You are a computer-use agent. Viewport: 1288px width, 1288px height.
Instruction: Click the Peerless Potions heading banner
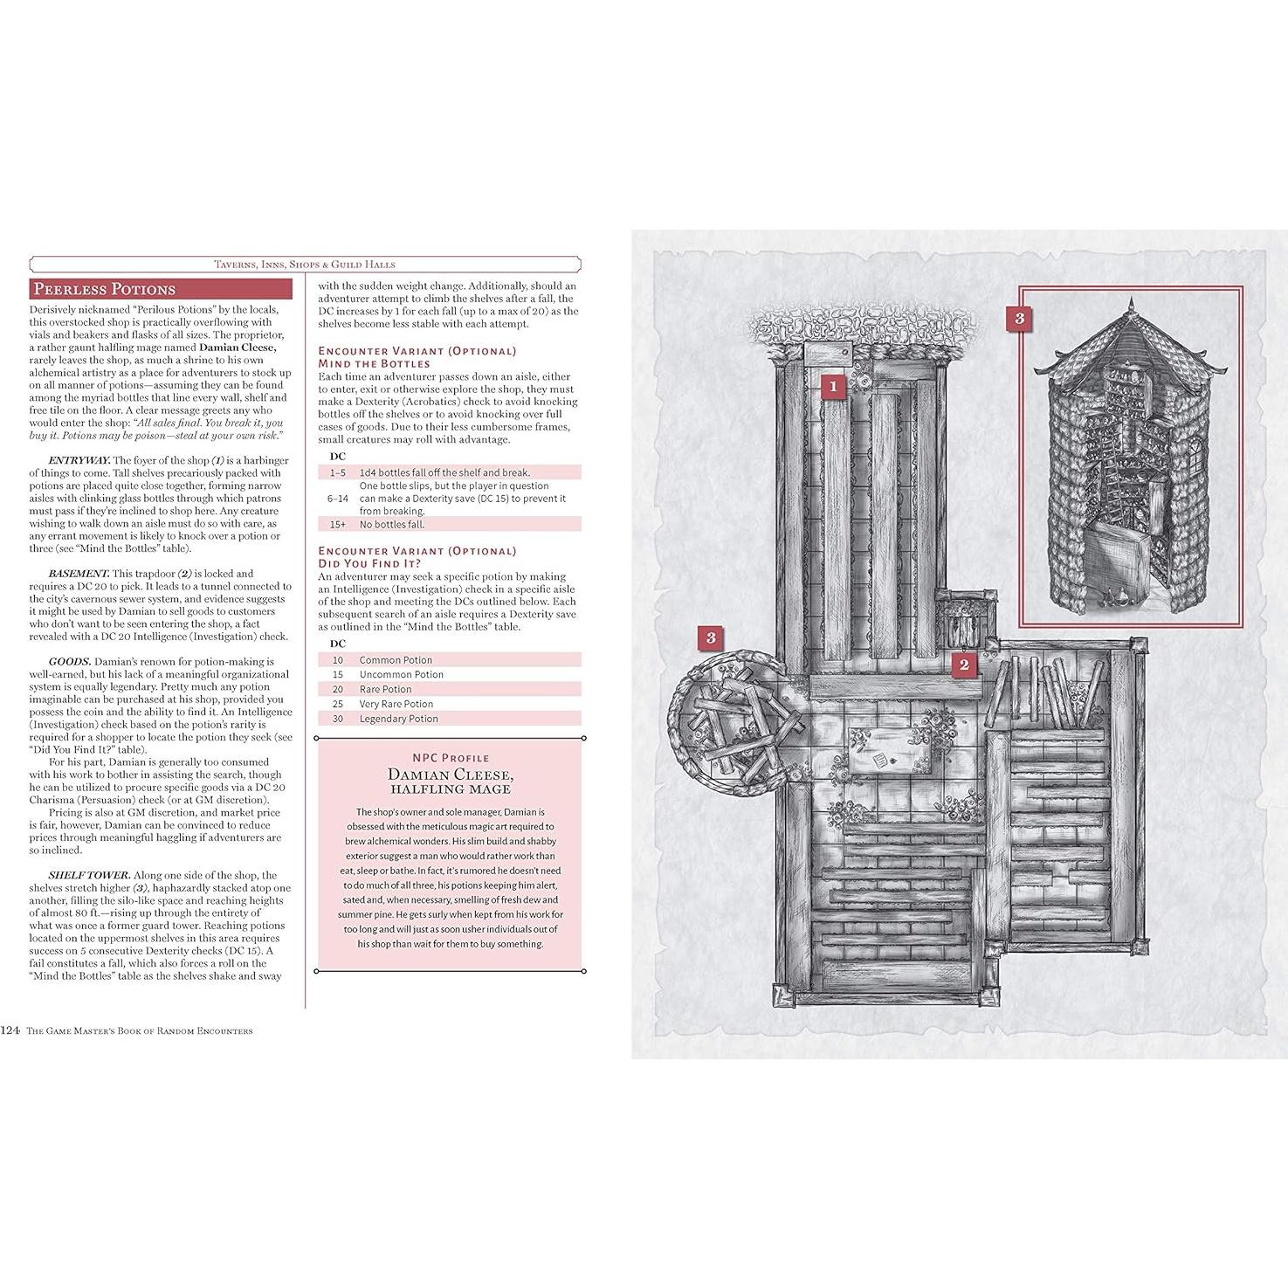pos(104,289)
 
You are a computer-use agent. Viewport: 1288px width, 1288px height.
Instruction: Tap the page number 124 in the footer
pos(10,1030)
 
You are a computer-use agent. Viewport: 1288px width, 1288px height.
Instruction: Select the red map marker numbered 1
pos(833,386)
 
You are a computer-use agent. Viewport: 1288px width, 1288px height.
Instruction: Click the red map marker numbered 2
pos(964,665)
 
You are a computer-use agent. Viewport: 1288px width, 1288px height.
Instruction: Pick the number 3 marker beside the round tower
pos(711,637)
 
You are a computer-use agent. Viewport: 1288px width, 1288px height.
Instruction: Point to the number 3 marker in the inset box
pos(1019,319)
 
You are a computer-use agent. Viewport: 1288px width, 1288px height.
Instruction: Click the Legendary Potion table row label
pos(398,719)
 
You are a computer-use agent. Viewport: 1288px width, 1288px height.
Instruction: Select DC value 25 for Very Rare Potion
pos(338,704)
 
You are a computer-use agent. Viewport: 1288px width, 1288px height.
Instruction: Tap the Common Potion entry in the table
pos(396,660)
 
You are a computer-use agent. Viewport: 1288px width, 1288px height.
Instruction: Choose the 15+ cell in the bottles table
pos(338,525)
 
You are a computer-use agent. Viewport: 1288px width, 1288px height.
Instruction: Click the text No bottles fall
pos(392,525)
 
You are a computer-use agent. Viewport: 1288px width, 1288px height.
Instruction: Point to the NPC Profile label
pos(451,758)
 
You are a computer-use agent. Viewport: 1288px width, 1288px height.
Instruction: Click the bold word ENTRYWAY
pos(79,460)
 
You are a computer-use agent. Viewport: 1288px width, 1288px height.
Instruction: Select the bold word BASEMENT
pos(79,574)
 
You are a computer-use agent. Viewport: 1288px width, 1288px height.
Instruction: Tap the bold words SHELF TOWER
pos(89,875)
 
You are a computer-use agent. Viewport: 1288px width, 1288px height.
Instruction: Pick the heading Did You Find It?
pos(369,563)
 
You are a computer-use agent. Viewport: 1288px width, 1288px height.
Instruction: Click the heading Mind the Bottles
pos(374,363)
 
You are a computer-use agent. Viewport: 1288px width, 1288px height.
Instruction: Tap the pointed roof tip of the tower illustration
pos(1131,301)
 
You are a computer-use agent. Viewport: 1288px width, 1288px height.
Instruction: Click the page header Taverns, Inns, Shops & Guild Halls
pos(305,264)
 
